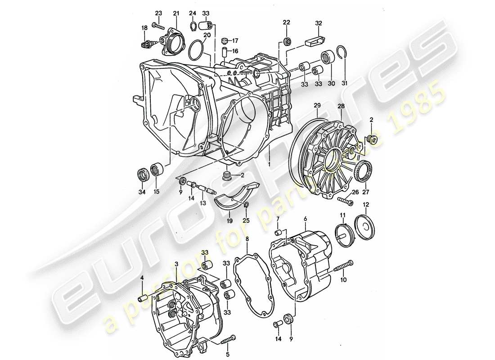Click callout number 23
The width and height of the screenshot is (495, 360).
(158, 12)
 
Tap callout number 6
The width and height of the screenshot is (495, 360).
(305, 219)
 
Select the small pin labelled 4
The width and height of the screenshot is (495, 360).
(143, 297)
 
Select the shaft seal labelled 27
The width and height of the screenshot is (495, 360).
(363, 172)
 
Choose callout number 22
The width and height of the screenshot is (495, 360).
(287, 22)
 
